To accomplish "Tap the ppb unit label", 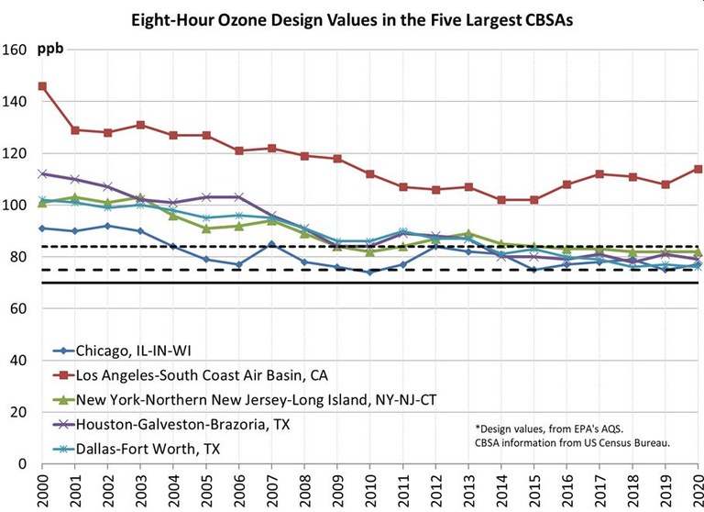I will pyautogui.click(x=50, y=48).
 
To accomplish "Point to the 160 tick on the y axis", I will pyautogui.click(x=16, y=50).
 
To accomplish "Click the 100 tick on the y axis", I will pyautogui.click(x=16, y=205).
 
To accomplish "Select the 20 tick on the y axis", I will pyautogui.click(x=20, y=412).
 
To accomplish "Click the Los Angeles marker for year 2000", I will pyautogui.click(x=42, y=86).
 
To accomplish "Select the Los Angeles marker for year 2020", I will pyautogui.click(x=698, y=169).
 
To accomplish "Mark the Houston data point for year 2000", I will pyautogui.click(x=42, y=173).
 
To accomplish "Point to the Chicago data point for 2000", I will pyautogui.click(x=42, y=228).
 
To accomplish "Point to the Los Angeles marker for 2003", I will pyautogui.click(x=140, y=125).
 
